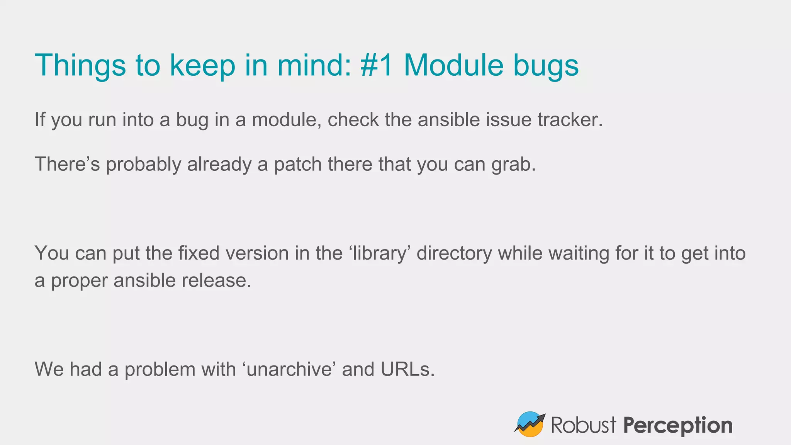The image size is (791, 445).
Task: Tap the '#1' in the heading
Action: [377, 65]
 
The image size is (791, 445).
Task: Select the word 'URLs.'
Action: [408, 369]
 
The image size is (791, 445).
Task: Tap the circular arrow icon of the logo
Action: [530, 424]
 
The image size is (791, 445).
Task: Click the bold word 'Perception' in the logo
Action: [678, 426]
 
